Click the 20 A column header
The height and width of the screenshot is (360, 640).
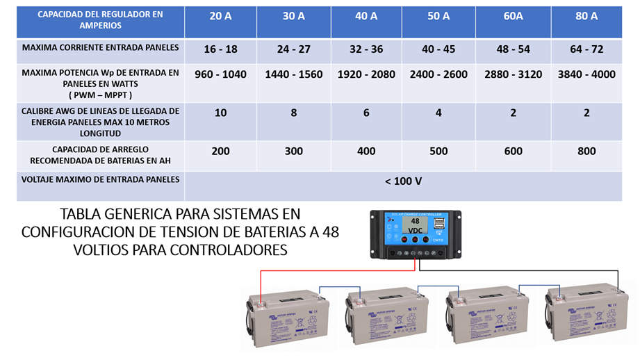pyautogui.click(x=220, y=16)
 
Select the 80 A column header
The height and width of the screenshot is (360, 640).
pyautogui.click(x=586, y=16)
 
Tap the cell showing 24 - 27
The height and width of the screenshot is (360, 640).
pyautogui.click(x=293, y=49)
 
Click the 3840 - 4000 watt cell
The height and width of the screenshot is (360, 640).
pyautogui.click(x=586, y=74)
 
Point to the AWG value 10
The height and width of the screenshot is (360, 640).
pyautogui.click(x=220, y=113)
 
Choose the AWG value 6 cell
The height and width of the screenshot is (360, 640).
pyautogui.click(x=366, y=113)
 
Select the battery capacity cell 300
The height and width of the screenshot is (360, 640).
pyautogui.click(x=293, y=152)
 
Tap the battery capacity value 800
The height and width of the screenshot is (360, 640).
pyautogui.click(x=586, y=152)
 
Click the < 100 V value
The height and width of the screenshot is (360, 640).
pyautogui.click(x=402, y=181)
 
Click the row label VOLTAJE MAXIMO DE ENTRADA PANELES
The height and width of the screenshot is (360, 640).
pyautogui.click(x=101, y=179)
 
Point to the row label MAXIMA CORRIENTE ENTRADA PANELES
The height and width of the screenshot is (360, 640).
pyautogui.click(x=101, y=48)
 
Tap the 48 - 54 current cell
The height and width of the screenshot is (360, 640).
pyautogui.click(x=513, y=49)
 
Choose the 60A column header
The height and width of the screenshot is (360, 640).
pyautogui.click(x=513, y=16)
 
